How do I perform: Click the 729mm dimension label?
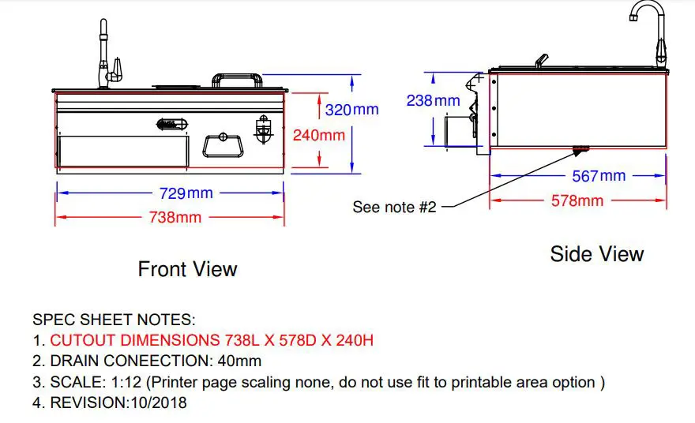[186, 193]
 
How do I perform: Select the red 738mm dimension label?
[175, 218]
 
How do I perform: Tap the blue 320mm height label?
[352, 110]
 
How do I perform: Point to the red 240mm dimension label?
[319, 135]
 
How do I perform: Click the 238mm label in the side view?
[433, 100]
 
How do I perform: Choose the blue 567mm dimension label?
[599, 176]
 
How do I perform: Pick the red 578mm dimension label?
[577, 200]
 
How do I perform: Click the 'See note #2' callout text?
[394, 207]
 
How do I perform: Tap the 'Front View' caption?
[187, 269]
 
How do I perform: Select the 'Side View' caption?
[597, 254]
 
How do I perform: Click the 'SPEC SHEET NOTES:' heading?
[114, 320]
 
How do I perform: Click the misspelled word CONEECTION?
[158, 361]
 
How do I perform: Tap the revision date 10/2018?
[159, 402]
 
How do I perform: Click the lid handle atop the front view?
[237, 80]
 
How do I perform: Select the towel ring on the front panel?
[223, 145]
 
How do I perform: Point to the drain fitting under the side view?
[580, 151]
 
